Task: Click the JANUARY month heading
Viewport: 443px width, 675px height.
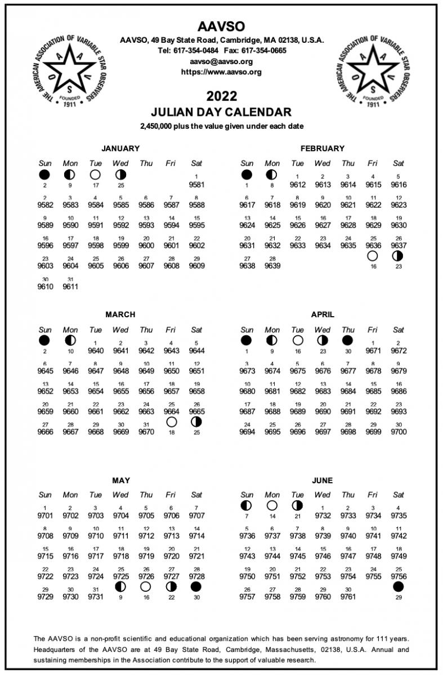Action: [120, 148]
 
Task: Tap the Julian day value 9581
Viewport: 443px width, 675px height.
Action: [196, 184]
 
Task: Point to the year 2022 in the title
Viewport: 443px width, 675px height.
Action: [221, 96]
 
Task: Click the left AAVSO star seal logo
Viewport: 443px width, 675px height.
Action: [71, 71]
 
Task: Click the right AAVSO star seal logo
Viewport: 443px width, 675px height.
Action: [372, 71]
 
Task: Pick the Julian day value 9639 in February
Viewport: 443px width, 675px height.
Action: [272, 266]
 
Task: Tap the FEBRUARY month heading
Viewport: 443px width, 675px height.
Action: [323, 148]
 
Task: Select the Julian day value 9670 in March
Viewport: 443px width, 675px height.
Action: [146, 432]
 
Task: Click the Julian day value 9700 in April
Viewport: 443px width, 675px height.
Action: [398, 432]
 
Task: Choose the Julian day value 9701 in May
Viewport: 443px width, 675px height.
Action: [45, 515]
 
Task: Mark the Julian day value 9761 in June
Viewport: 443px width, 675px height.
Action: [348, 596]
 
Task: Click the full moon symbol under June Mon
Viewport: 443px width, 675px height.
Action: [272, 505]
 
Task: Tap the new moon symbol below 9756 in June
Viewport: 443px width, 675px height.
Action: [398, 587]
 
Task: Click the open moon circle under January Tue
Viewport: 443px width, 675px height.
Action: [95, 174]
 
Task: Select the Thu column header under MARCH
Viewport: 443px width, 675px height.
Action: [146, 330]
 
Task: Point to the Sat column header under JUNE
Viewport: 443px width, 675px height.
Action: [398, 495]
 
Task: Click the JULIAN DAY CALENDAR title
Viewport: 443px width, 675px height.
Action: [221, 112]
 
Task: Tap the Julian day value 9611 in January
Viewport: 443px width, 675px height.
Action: [70, 286]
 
